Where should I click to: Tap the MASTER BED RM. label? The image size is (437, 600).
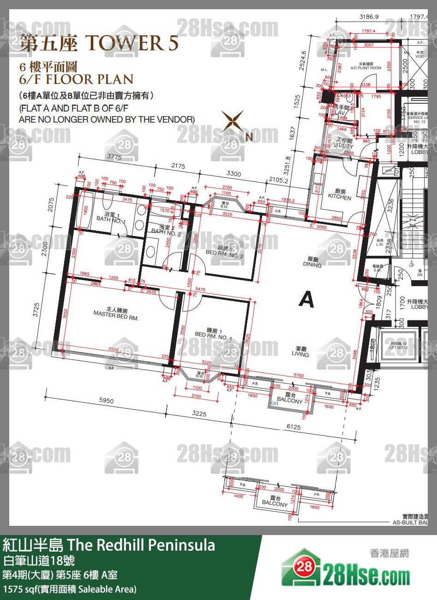click(x=116, y=315)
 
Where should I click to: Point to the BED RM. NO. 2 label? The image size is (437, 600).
click(x=224, y=253)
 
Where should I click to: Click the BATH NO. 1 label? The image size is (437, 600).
click(x=110, y=218)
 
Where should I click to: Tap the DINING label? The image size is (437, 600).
click(x=312, y=262)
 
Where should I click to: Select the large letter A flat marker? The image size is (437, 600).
click(x=306, y=300)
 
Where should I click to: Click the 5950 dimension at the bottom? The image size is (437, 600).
click(x=106, y=401)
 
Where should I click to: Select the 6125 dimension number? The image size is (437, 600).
click(x=293, y=427)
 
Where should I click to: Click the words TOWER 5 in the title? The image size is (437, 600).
click(x=131, y=43)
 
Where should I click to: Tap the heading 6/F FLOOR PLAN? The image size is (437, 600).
click(x=76, y=79)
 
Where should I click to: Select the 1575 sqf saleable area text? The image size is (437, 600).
click(x=70, y=588)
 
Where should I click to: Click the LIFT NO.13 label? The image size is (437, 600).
click(x=398, y=345)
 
